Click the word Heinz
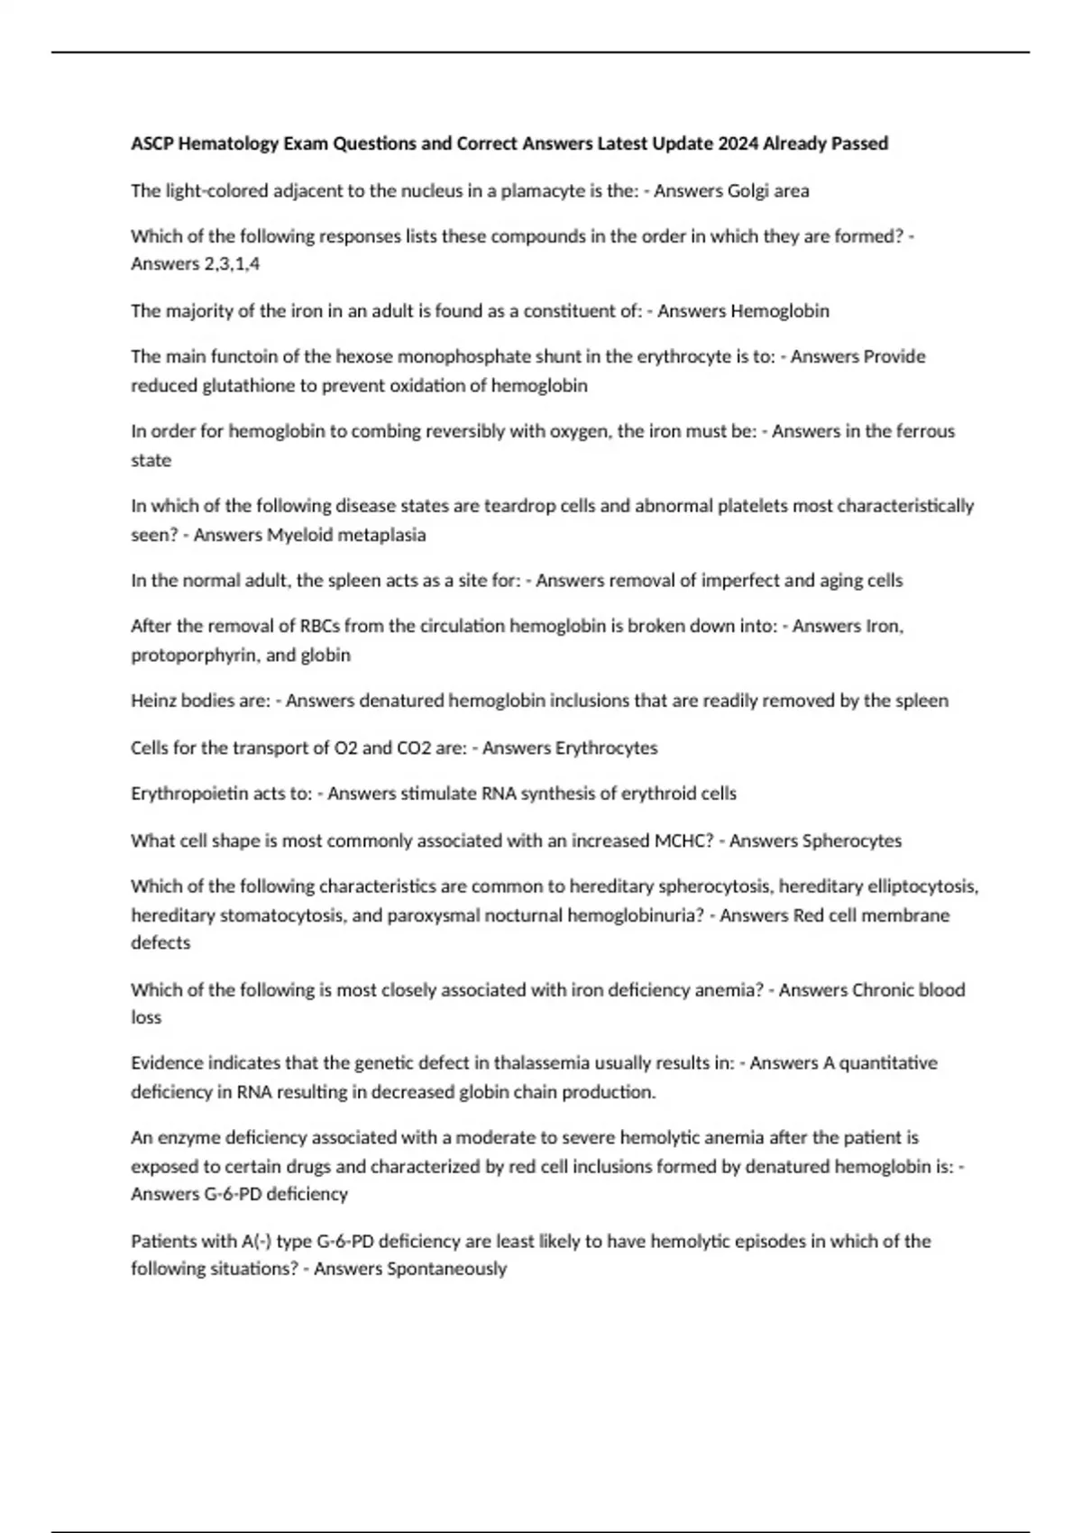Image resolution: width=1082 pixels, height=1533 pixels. click(x=153, y=701)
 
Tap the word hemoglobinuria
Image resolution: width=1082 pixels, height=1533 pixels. click(x=634, y=915)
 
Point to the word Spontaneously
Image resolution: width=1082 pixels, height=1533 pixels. click(x=446, y=1269)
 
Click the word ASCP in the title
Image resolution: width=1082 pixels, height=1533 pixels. click(x=152, y=143)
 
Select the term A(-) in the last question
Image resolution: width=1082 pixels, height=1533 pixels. click(x=256, y=1241)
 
